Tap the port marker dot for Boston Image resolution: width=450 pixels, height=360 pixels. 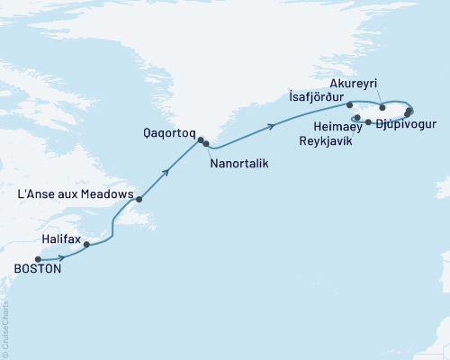tap(38, 258)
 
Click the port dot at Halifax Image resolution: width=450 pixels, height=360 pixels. tap(86, 244)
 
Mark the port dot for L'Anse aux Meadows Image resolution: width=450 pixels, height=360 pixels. tap(139, 199)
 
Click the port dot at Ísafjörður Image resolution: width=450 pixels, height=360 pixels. tap(349, 105)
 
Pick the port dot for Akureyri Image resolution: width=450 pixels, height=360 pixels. tap(382, 107)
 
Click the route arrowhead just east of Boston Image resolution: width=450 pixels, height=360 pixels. tap(60, 257)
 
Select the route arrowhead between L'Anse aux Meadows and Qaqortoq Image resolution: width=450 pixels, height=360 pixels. tap(166, 169)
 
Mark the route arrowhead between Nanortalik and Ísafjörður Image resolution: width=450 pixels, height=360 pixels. tap(271, 130)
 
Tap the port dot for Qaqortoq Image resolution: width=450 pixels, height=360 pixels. tap(201, 139)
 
